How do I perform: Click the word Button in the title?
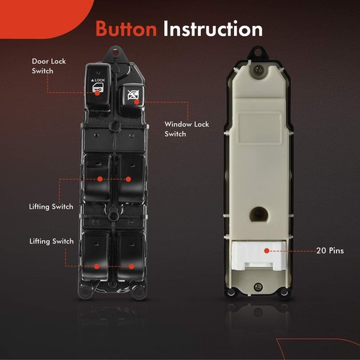[127, 29]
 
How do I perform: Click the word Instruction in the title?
[212, 29]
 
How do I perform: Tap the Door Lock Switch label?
[49, 66]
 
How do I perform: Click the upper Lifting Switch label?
[50, 206]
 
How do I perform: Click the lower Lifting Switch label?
[50, 240]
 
